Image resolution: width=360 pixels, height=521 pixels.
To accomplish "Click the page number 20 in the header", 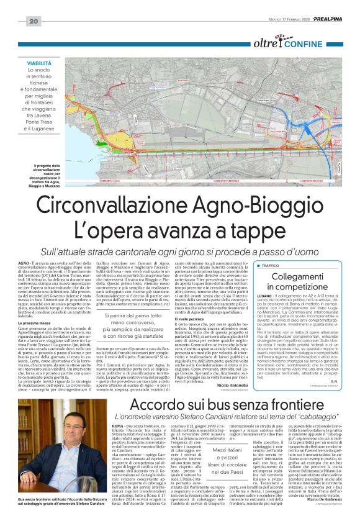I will tap(34, 22).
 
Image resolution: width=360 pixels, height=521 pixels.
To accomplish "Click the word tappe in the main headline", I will tap(269, 227).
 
